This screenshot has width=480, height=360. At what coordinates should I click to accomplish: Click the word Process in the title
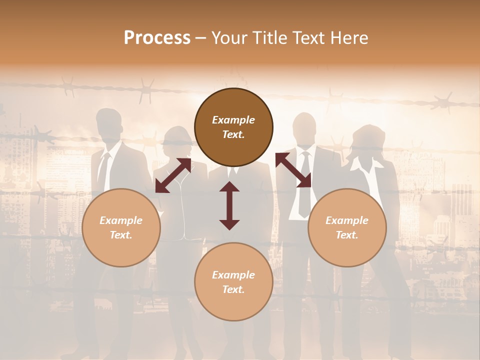[157, 38]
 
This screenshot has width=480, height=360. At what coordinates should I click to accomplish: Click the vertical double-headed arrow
[229, 205]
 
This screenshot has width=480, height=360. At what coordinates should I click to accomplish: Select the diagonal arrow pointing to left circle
[173, 175]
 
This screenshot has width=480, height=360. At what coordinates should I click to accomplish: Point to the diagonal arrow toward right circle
[293, 170]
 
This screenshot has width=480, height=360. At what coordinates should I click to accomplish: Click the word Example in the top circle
[233, 120]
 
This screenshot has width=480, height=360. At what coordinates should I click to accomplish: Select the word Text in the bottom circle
[233, 290]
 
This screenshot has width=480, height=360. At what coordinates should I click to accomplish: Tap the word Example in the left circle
[121, 220]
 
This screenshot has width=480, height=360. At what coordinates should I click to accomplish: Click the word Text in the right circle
[347, 235]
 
